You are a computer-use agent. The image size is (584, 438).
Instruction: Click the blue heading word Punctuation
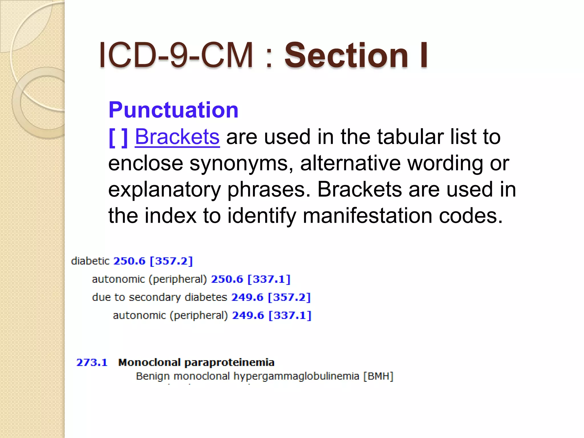173,110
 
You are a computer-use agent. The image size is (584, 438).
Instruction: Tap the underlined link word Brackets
177,137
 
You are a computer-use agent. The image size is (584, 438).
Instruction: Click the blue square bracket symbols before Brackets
118,137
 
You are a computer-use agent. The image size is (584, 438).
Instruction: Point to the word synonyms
241,163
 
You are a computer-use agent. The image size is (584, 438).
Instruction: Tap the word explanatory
165,190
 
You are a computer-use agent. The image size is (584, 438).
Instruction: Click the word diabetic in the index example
90,261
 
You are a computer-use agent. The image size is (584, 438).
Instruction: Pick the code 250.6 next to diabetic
129,261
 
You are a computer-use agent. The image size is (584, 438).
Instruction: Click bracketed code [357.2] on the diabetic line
171,261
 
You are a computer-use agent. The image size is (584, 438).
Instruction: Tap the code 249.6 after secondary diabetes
247,297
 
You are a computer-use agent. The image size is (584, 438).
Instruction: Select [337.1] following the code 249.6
290,315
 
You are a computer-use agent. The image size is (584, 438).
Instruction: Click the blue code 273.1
92,362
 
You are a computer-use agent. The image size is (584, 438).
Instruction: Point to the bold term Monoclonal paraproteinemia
196,362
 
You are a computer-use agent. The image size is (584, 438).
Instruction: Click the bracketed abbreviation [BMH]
378,376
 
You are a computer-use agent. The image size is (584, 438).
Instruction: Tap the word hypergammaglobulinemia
296,376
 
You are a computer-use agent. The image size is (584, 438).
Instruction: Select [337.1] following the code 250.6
269,279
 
